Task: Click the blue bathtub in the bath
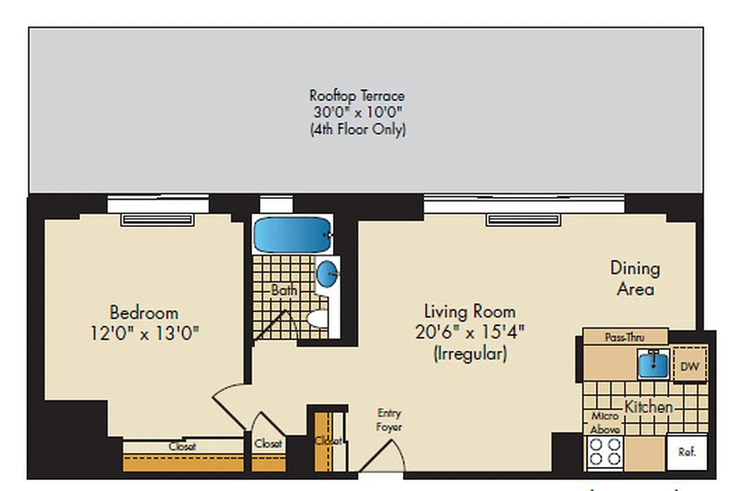tap(292, 235)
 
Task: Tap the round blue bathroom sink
tap(327, 273)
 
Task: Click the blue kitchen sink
tap(653, 363)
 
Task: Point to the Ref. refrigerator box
tap(687, 453)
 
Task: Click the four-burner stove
tap(604, 453)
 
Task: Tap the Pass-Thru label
tap(624, 337)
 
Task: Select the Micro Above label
tap(605, 423)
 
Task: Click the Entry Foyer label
tap(389, 420)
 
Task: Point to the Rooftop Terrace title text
tap(357, 96)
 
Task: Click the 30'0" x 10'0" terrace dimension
tap(357, 113)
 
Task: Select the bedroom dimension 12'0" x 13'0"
tap(144, 334)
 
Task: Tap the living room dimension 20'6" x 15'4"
tap(470, 333)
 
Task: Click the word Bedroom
tap(144, 312)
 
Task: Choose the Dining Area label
tap(635, 278)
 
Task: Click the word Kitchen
tap(649, 407)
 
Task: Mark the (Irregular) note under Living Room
tap(470, 354)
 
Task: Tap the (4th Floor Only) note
tap(357, 130)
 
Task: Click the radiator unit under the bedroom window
tap(158, 220)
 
